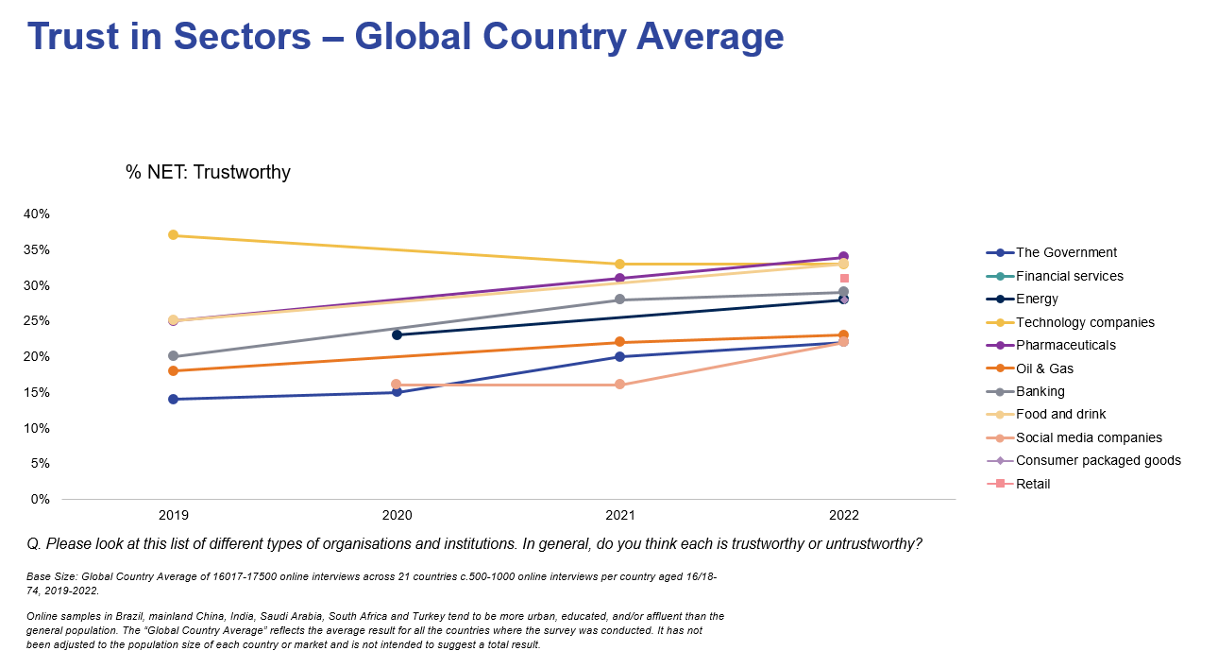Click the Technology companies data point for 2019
click(174, 235)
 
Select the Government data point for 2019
click(174, 399)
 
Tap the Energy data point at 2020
click(397, 334)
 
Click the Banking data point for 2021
click(620, 300)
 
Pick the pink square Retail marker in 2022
click(844, 279)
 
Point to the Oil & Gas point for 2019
click(174, 370)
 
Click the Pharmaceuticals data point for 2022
click(844, 257)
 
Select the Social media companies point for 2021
click(620, 385)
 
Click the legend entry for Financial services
click(1069, 276)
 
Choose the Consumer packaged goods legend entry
click(1098, 460)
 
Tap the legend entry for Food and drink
click(1060, 414)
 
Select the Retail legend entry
click(1033, 484)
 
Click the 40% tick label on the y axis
click(37, 214)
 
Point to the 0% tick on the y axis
click(41, 499)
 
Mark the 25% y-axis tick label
click(37, 321)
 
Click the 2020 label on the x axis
click(397, 516)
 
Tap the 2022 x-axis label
click(844, 516)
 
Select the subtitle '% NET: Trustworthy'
click(208, 172)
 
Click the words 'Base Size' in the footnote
click(48, 575)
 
